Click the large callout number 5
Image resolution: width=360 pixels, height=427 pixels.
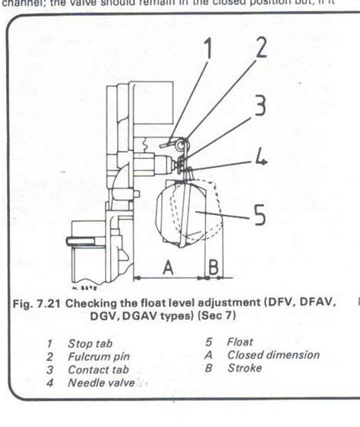[x=260, y=217]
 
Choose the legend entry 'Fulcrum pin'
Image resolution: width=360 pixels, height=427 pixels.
[x=96, y=356]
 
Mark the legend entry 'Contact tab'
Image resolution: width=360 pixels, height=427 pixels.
[x=96, y=369]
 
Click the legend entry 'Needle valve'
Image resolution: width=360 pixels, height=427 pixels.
[x=101, y=383]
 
